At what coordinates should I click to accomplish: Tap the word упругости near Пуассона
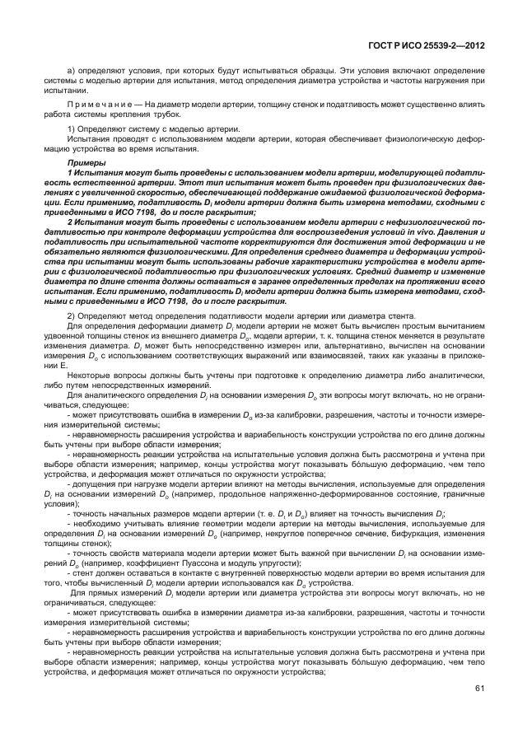(264, 563)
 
